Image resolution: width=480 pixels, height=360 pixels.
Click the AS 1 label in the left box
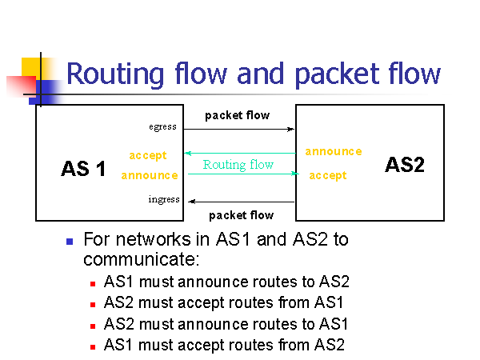pos(83,169)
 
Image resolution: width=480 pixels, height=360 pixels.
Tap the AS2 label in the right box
pos(404,165)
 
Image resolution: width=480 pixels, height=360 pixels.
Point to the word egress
pos(162,126)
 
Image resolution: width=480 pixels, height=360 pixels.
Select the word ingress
pos(164,199)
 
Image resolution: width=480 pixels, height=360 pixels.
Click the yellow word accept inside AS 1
pos(148,155)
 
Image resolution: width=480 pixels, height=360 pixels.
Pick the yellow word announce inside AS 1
pos(150,175)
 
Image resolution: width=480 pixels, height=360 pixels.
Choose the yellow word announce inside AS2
pos(333,151)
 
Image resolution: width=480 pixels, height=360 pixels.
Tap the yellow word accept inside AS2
pos(328,175)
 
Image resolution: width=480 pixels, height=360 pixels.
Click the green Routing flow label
pos(238,165)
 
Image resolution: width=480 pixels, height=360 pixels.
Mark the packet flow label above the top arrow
pos(237,115)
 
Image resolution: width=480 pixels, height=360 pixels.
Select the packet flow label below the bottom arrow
pos(241,214)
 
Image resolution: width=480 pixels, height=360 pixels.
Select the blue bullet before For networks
pos(70,240)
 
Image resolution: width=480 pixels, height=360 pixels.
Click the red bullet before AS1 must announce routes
pos(93,283)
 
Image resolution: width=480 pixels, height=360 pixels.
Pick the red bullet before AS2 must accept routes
pos(93,304)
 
